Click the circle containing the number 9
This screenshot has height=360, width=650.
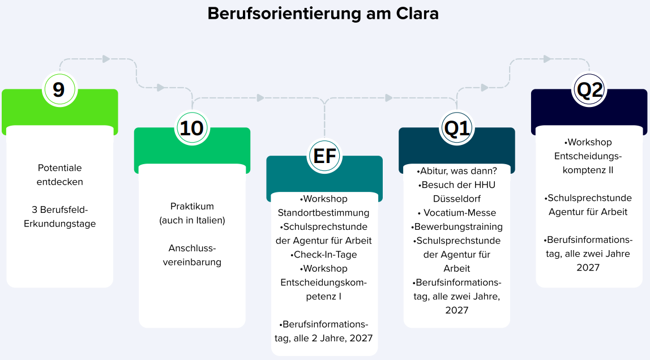click(59, 89)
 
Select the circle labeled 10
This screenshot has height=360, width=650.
click(192, 128)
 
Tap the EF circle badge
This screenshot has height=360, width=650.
click(324, 156)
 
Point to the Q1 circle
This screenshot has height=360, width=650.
click(456, 128)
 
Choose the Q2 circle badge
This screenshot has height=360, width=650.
click(589, 89)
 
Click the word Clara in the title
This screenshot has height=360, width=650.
click(417, 13)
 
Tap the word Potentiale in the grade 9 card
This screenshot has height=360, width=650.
click(59, 168)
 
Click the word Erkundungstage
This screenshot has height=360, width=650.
click(59, 224)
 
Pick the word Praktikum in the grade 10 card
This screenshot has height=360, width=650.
click(192, 206)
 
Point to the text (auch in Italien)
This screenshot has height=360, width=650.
click(192, 220)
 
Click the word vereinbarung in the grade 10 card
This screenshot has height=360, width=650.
click(192, 262)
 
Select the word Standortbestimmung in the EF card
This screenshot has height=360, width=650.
click(323, 213)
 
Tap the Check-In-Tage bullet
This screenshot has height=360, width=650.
click(323, 255)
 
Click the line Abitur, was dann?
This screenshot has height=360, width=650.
click(456, 171)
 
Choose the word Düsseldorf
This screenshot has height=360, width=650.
click(456, 199)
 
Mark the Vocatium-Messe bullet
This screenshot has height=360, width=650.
click(457, 213)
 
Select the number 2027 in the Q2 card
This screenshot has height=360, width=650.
click(588, 268)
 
